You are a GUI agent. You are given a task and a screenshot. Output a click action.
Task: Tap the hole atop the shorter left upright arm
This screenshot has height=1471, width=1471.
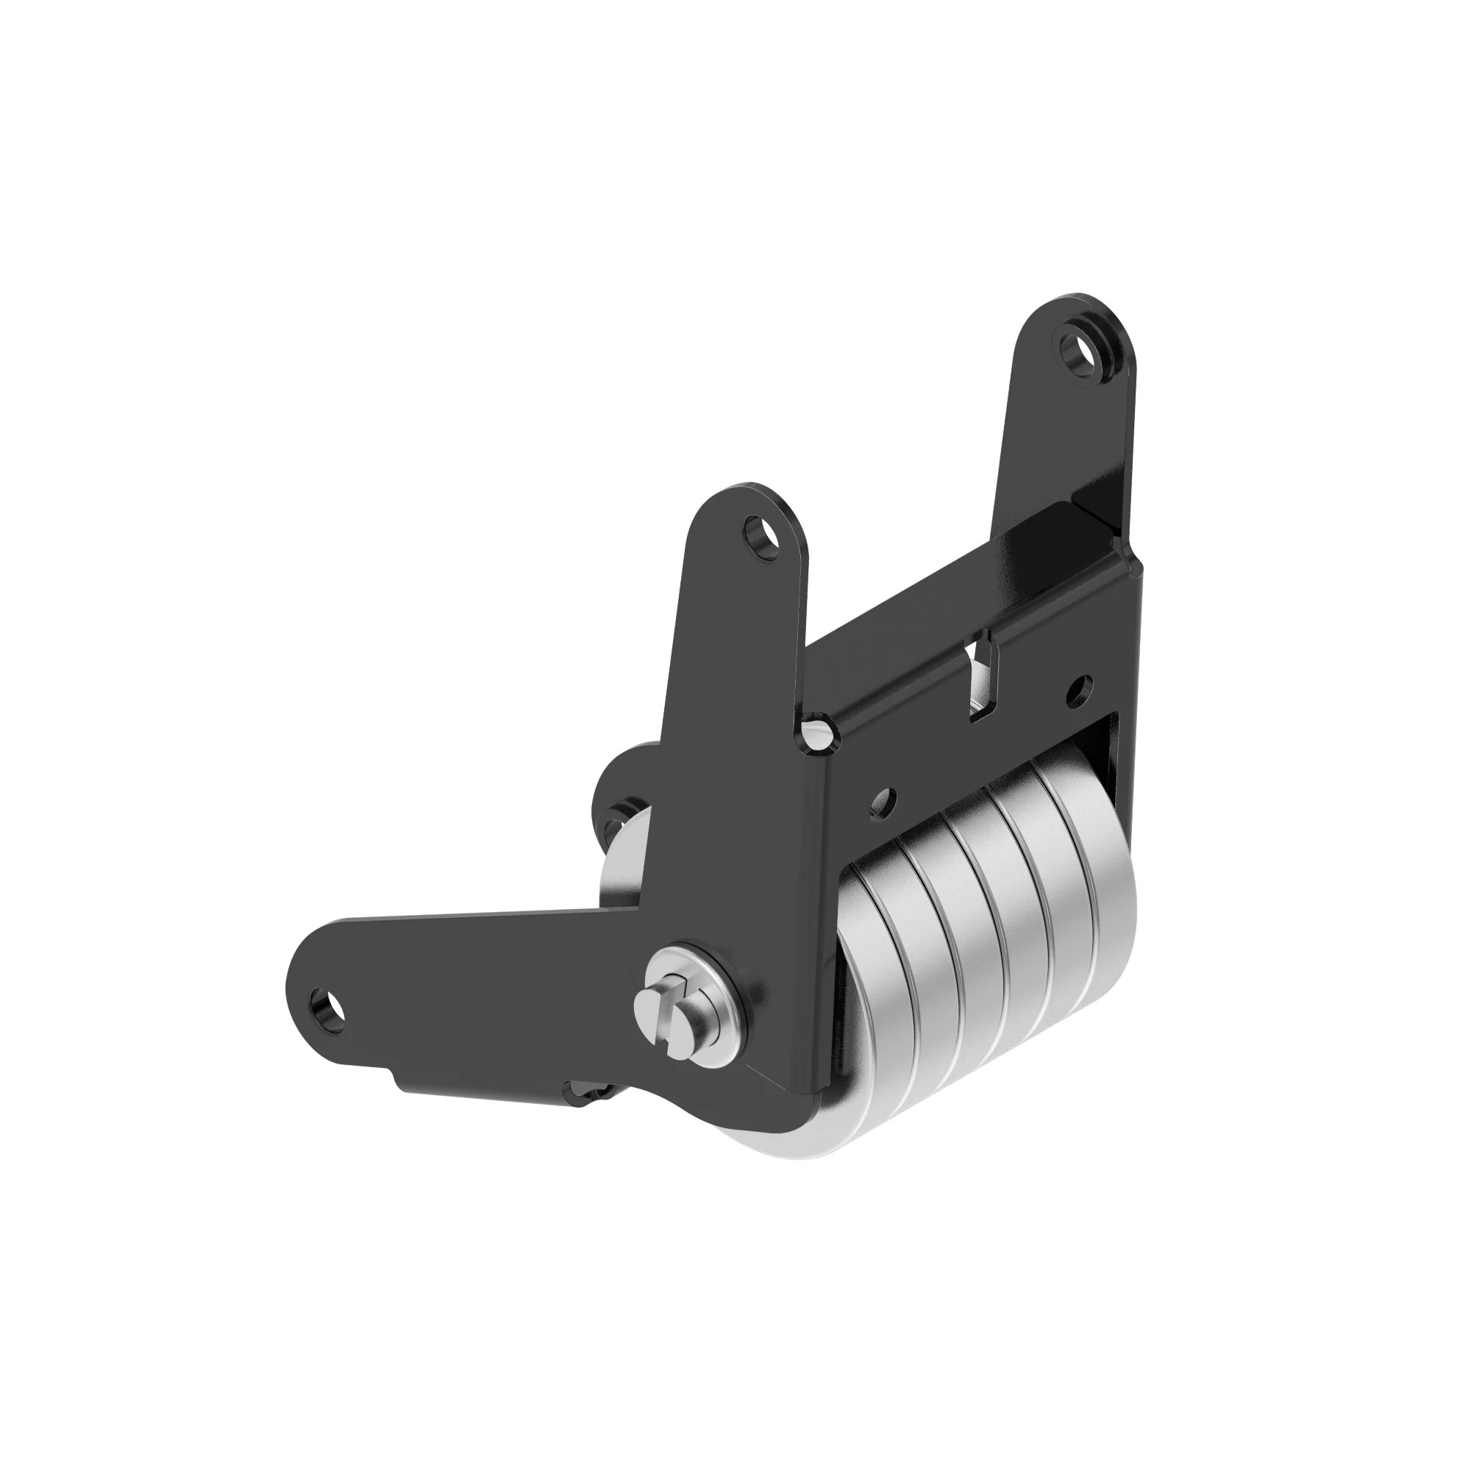pyautogui.click(x=761, y=536)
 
